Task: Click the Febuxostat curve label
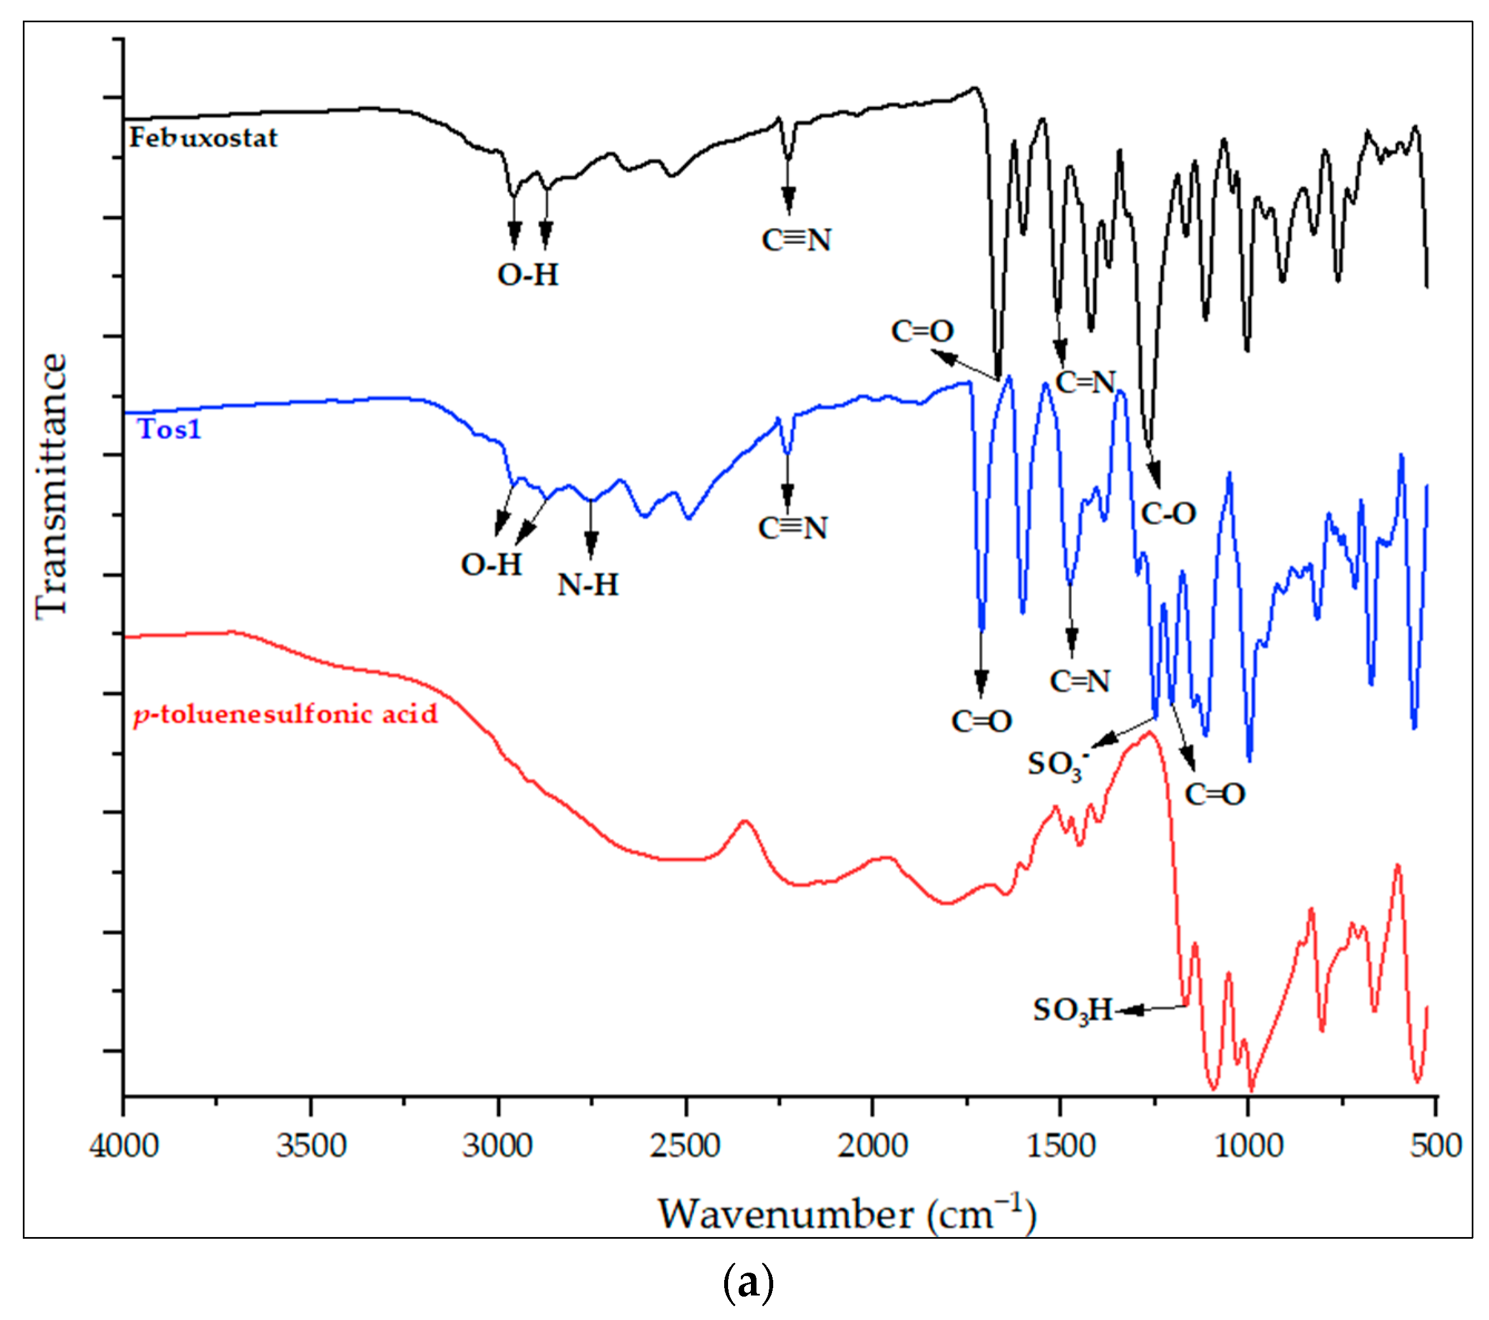(x=203, y=138)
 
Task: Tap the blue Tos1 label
(x=169, y=430)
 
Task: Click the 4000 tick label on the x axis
(x=124, y=1145)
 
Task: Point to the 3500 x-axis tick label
(x=311, y=1145)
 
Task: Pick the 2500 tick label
(x=686, y=1145)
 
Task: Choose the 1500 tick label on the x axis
(x=1060, y=1145)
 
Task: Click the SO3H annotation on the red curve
(x=1073, y=1010)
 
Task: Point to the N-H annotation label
(x=588, y=585)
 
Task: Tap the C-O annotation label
(x=1169, y=514)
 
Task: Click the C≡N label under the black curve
(x=796, y=241)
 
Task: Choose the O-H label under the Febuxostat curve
(x=528, y=275)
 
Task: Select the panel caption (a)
(x=748, y=1283)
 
